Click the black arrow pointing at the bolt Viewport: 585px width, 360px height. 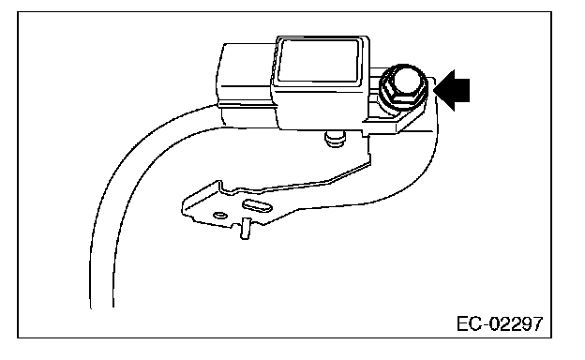(x=452, y=90)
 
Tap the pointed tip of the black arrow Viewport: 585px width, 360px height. (x=434, y=90)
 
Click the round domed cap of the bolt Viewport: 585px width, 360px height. (x=409, y=81)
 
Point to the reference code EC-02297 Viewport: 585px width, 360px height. (x=500, y=323)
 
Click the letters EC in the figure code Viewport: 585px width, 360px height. (x=470, y=323)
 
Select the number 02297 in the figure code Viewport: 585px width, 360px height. (x=517, y=323)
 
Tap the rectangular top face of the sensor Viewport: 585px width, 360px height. (x=319, y=59)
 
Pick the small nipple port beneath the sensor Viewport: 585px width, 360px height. (x=335, y=139)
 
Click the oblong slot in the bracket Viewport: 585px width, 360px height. (x=257, y=205)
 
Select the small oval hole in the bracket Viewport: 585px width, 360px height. (x=220, y=216)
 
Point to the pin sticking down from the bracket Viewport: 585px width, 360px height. (x=245, y=229)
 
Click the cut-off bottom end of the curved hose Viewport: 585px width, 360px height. (x=102, y=307)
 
